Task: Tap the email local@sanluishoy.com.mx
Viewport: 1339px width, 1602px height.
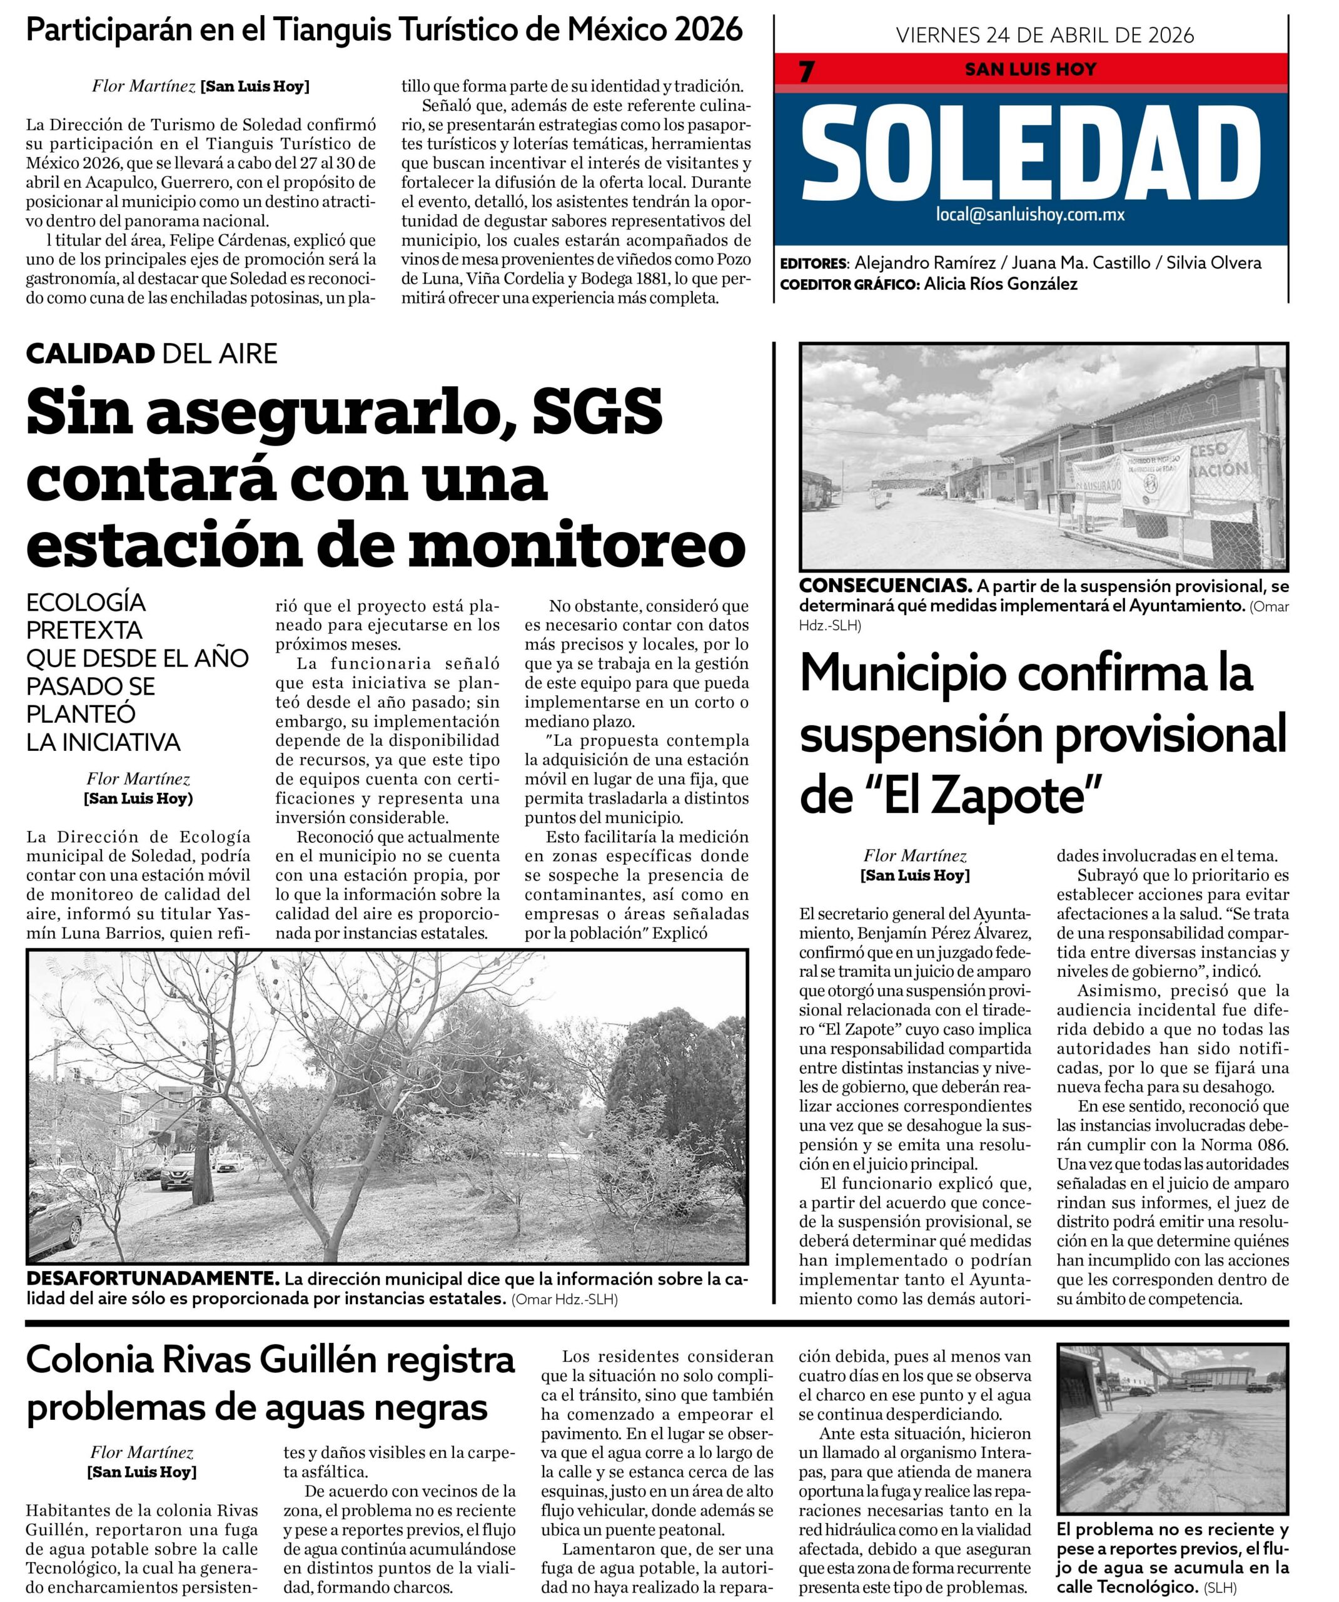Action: [1030, 215]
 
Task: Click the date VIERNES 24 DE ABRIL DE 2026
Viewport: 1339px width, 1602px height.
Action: [1044, 35]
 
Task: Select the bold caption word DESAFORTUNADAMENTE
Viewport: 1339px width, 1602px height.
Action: [150, 1279]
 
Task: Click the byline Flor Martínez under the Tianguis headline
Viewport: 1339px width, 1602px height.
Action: [143, 86]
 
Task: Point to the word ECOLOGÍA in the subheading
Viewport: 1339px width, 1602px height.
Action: [86, 603]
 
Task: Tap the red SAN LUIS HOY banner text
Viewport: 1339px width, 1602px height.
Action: [1030, 69]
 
